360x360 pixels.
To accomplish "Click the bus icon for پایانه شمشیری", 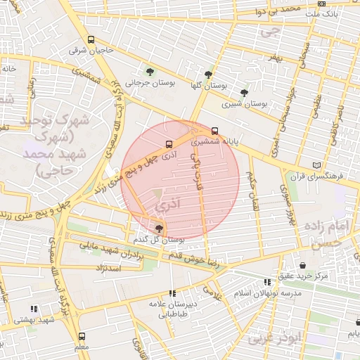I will tap(214, 130).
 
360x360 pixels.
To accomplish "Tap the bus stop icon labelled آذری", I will tap(168, 143).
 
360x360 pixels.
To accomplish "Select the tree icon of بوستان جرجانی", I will tap(150, 71).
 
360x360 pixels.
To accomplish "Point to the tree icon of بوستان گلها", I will tap(208, 74).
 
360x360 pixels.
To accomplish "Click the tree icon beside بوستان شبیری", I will tap(244, 92).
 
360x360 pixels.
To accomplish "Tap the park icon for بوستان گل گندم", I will tap(159, 229).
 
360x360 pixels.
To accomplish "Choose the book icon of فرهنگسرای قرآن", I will tap(316, 165).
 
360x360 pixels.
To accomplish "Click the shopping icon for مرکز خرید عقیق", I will tap(302, 265).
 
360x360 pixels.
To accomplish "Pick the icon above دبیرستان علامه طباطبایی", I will tap(172, 293).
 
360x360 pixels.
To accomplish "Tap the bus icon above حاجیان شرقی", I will tap(91, 40).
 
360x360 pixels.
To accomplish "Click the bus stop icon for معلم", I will tap(82, 336).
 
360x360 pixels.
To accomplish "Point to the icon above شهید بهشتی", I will tap(34, 309).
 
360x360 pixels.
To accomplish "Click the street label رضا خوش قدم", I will tap(195, 262).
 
